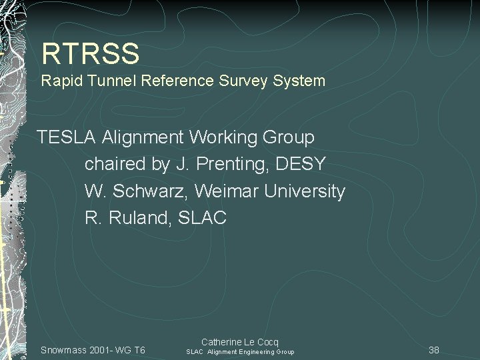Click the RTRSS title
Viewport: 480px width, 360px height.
90,53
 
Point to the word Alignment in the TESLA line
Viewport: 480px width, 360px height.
143,138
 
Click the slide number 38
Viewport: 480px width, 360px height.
434,350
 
